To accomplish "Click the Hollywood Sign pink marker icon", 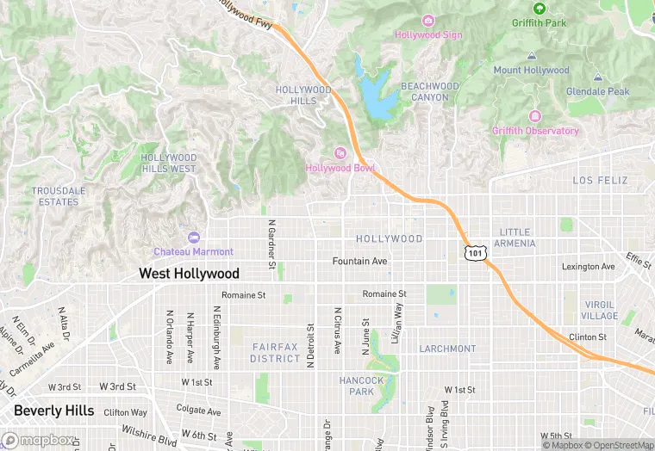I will [x=428, y=21].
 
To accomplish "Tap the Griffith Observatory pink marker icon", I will [x=536, y=116].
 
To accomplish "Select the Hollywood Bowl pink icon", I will [x=340, y=153].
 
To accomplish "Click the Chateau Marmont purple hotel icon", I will [x=193, y=238].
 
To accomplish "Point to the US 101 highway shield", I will [x=476, y=252].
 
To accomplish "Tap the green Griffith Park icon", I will [x=540, y=9].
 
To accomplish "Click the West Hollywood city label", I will [x=190, y=274].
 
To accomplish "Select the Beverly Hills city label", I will [x=53, y=411].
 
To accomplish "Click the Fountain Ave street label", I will [x=360, y=261].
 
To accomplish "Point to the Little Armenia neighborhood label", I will [x=515, y=238].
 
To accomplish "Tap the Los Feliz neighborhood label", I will [x=601, y=181].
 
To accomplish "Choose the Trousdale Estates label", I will [x=55, y=196].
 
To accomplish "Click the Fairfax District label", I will [x=276, y=352].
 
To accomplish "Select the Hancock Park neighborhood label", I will [x=362, y=386].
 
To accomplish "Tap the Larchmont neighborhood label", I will [x=447, y=349].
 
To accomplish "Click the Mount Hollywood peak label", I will [x=531, y=70].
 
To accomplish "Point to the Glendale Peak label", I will [x=597, y=91].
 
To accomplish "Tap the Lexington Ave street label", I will [x=588, y=267].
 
